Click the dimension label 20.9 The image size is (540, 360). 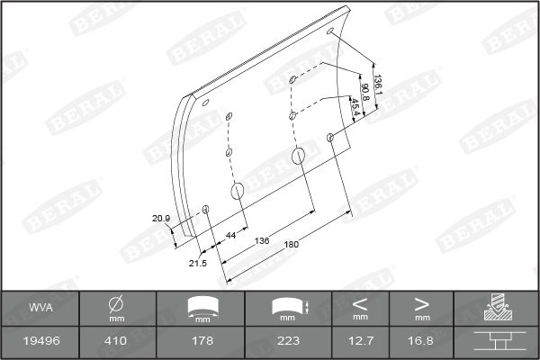pyautogui.click(x=160, y=218)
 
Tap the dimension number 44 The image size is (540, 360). pyautogui.click(x=230, y=235)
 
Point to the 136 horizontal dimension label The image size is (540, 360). pyautogui.click(x=262, y=240)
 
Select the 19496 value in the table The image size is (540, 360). pyautogui.click(x=39, y=341)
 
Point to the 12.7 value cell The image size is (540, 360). pyautogui.click(x=361, y=341)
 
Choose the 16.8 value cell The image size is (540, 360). pyautogui.click(x=421, y=341)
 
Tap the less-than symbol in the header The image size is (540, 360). pyautogui.click(x=361, y=304)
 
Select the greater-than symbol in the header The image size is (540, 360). pyautogui.click(x=421, y=304)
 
